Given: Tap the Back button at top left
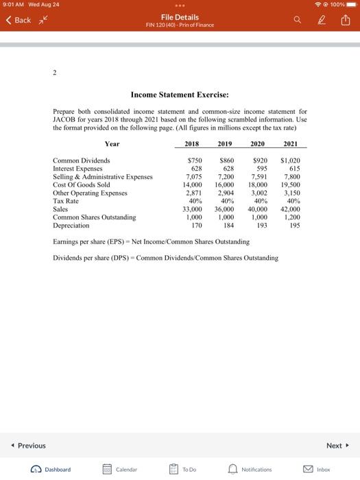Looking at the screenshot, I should point(19,21).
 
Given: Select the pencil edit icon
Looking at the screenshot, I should point(320,21).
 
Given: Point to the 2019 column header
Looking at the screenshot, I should point(224,144).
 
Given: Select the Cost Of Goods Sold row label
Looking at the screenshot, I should point(81,184).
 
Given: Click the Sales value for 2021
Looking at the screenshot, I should point(290,209).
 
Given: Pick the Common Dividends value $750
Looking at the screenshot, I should point(195,160).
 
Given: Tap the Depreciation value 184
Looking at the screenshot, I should point(229,225).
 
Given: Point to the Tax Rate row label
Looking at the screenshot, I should point(67,201).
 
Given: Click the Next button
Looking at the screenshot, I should point(336,445).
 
